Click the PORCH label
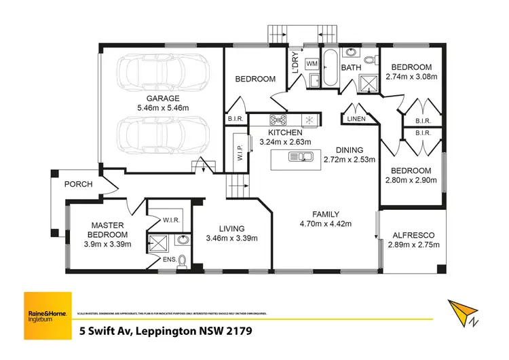tap(78, 185)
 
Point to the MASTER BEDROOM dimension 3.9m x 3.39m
tap(107, 245)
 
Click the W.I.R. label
tap(170, 219)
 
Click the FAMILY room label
tap(324, 213)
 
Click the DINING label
tap(349, 150)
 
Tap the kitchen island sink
tap(300, 158)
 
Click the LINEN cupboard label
tap(356, 120)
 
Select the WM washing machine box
tap(312, 64)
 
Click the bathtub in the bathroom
tap(329, 69)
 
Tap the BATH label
tap(351, 68)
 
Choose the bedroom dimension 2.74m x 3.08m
tap(412, 77)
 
